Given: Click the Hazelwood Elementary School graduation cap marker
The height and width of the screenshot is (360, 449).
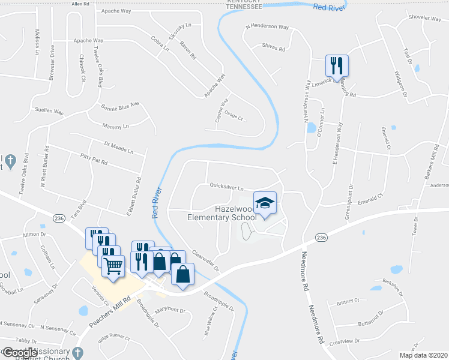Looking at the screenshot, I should pyautogui.click(x=265, y=202).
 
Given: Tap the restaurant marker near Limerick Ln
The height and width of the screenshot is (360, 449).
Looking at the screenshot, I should pyautogui.click(x=337, y=65).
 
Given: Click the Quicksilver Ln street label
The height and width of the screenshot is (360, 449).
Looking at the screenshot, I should pyautogui.click(x=226, y=187).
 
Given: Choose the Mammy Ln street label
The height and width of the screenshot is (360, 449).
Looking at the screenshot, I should pyautogui.click(x=116, y=127).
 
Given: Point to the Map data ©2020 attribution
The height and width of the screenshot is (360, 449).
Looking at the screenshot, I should pyautogui.click(x=423, y=355).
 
